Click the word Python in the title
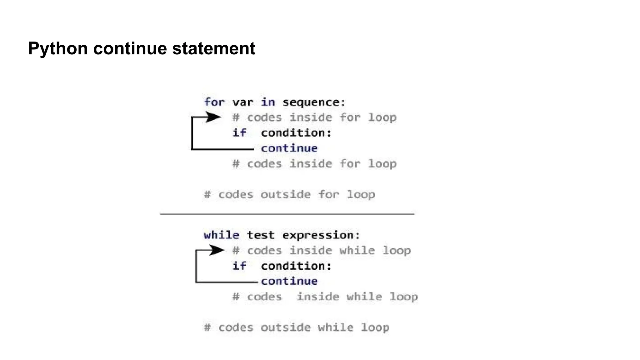(58, 49)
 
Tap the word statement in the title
(214, 49)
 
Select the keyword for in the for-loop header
(214, 102)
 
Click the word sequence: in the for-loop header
(314, 102)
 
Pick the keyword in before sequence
(268, 102)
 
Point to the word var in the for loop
(242, 102)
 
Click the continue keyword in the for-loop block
(289, 148)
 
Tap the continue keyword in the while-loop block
(289, 281)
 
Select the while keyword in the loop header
(221, 235)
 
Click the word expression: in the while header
(321, 235)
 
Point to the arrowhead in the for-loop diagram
(213, 117)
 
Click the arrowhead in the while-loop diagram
(217, 250)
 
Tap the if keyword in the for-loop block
(239, 133)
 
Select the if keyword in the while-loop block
(239, 266)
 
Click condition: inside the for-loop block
(296, 133)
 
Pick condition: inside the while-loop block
(296, 266)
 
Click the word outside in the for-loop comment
(286, 195)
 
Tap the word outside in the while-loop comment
(286, 327)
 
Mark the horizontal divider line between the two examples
(287, 214)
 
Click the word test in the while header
(260, 235)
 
